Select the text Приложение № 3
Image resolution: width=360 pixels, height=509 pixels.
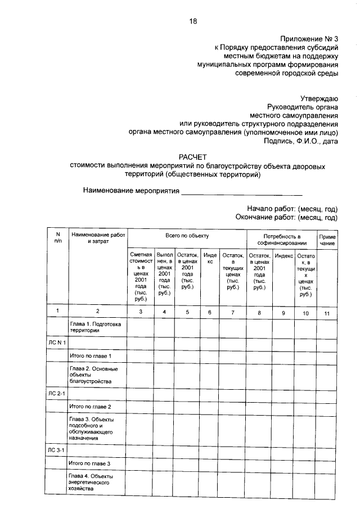pyautogui.click(x=309, y=38)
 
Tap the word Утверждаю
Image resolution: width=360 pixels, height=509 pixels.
pyautogui.click(x=318, y=98)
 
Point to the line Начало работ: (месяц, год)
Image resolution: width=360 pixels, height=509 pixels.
pyautogui.click(x=292, y=208)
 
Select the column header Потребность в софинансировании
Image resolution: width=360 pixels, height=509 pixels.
pyautogui.click(x=282, y=239)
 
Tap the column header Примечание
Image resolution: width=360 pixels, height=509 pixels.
pyautogui.click(x=327, y=240)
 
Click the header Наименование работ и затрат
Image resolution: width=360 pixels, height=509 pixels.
pyautogui.click(x=97, y=237)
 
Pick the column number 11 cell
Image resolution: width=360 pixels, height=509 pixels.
pyautogui.click(x=327, y=312)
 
